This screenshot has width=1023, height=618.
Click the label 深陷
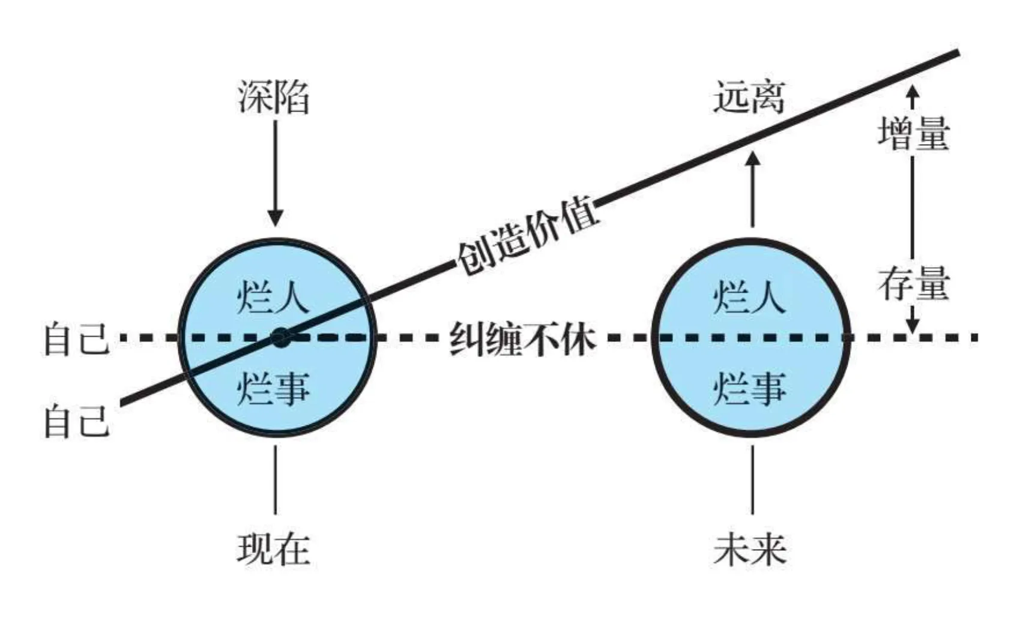274,97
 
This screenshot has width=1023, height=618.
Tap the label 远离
749,97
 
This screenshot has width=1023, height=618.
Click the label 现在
274,548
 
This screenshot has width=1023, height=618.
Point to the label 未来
750,548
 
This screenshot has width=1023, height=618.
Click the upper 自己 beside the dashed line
76,340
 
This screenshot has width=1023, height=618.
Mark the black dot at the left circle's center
279,338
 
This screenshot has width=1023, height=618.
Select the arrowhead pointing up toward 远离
752,159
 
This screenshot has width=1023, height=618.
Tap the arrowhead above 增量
913,92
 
